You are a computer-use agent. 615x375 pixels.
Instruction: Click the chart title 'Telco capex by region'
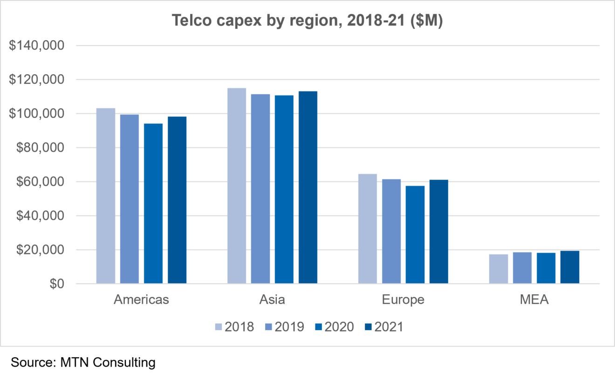tap(307, 21)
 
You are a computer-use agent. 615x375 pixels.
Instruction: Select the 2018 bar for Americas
tap(106, 196)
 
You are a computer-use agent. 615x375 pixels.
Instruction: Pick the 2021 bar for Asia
tap(308, 187)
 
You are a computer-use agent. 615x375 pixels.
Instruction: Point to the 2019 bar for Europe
tap(391, 231)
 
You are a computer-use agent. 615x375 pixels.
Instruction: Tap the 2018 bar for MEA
tap(499, 269)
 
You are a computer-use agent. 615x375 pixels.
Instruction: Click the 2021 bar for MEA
tap(570, 267)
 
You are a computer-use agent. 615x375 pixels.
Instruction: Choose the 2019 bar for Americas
tap(130, 199)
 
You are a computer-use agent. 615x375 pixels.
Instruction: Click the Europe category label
tap(403, 299)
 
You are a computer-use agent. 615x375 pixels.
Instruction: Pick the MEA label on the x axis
tap(534, 299)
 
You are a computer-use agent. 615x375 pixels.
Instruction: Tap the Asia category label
tap(272, 299)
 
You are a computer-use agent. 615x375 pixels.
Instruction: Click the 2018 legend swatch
tap(218, 327)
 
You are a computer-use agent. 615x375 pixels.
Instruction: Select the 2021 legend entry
tap(383, 327)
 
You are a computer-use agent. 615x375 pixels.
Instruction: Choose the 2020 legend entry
tap(334, 327)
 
